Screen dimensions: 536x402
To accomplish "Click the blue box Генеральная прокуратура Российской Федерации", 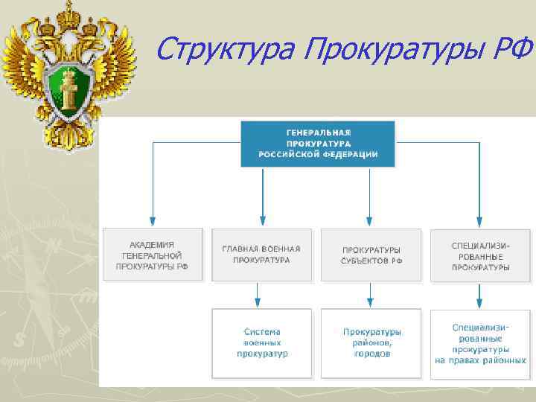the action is pyautogui.click(x=318, y=142).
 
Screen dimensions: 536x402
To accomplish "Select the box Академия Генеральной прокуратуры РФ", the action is pyautogui.click(x=152, y=255).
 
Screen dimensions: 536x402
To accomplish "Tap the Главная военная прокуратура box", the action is pyautogui.click(x=261, y=255).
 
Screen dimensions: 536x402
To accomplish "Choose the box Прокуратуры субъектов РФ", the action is pyautogui.click(x=371, y=255).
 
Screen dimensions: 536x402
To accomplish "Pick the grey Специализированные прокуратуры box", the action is pyautogui.click(x=480, y=255).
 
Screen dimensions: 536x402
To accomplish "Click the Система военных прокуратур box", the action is pyautogui.click(x=261, y=342).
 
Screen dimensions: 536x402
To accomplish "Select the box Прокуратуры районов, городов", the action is pyautogui.click(x=371, y=342).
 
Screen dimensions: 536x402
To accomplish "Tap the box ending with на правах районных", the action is pyautogui.click(x=480, y=342).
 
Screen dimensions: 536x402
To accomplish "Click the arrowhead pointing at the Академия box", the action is pyautogui.click(x=153, y=222).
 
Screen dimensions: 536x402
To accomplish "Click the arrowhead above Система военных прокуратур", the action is pyautogui.click(x=258, y=302).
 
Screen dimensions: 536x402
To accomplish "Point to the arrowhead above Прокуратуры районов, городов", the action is pyautogui.click(x=371, y=302).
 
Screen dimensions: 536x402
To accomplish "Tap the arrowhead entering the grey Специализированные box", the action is pyautogui.click(x=480, y=222).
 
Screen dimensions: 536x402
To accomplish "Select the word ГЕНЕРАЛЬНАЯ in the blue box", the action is pyautogui.click(x=318, y=130).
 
